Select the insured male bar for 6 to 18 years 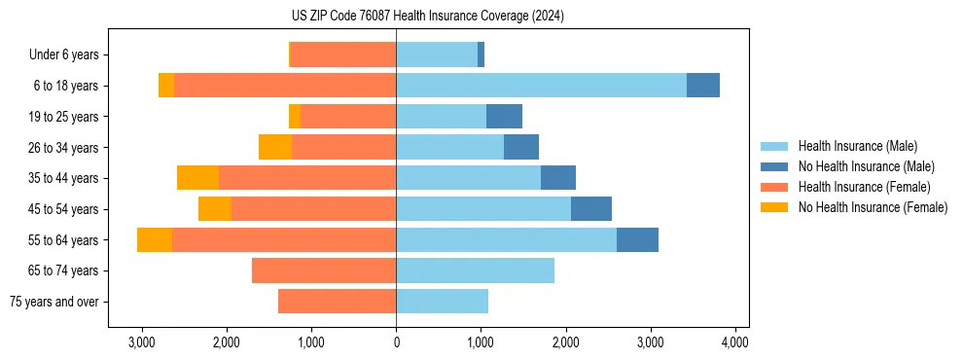[x=541, y=86]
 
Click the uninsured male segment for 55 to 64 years [x=637, y=239]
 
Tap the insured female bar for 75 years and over [x=337, y=302]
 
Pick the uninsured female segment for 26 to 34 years [x=275, y=147]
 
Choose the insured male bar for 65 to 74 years [x=475, y=270]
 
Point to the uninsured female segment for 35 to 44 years [x=197, y=178]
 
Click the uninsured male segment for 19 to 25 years [x=504, y=117]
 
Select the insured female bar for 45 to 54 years [x=313, y=209]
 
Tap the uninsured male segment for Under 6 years [x=481, y=55]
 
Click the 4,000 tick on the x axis [x=734, y=342]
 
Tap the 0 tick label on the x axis [x=396, y=342]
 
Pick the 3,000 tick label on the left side [x=142, y=342]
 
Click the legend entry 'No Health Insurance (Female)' [x=873, y=207]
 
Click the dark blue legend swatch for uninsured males [x=774, y=166]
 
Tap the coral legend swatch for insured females [x=774, y=187]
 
